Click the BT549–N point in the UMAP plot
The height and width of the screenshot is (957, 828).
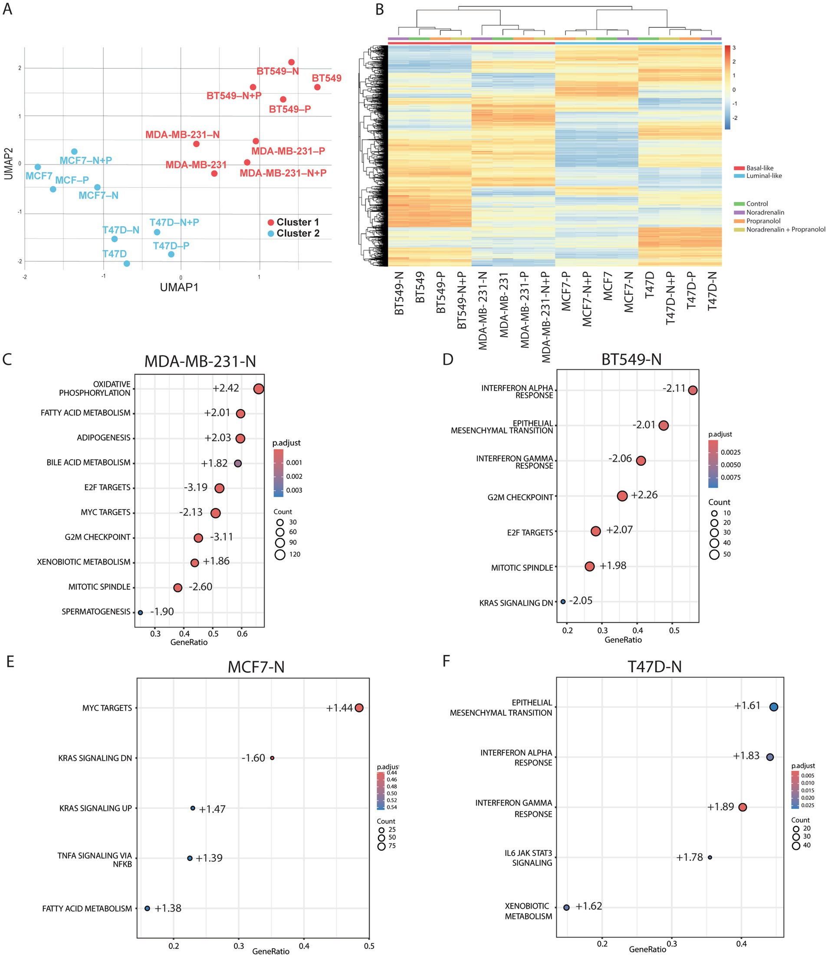coord(291,62)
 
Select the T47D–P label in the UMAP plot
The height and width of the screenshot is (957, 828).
coord(171,246)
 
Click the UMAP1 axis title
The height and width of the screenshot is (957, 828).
coord(179,287)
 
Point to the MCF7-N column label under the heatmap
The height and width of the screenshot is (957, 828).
coord(629,293)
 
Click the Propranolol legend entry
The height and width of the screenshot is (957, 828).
coord(762,221)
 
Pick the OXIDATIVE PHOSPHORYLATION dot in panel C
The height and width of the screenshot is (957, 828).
coord(259,389)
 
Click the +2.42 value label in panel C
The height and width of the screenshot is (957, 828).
coord(226,388)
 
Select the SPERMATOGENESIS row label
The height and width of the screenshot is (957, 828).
coord(96,612)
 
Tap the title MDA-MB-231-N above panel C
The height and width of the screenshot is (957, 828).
coord(200,362)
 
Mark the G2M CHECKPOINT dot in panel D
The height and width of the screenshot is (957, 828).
coord(622,496)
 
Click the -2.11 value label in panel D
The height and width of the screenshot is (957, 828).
coord(674,388)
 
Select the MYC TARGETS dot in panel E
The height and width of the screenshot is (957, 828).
coord(359,708)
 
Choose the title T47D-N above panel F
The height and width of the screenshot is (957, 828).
coord(654,667)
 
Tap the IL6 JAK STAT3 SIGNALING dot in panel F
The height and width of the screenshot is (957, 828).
coord(710,858)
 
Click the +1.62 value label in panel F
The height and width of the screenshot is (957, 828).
coord(588,906)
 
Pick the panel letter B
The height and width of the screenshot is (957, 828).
coord(379,10)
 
